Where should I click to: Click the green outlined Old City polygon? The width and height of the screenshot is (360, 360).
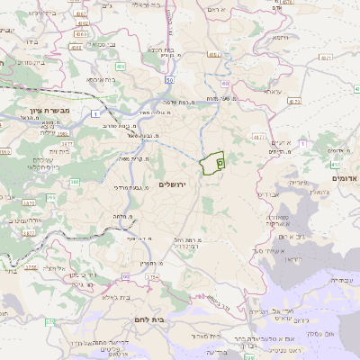(212, 164)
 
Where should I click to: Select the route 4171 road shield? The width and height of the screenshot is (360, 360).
(260, 138)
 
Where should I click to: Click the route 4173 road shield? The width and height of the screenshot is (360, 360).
(294, 101)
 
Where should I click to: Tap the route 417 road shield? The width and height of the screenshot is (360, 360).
(335, 165)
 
